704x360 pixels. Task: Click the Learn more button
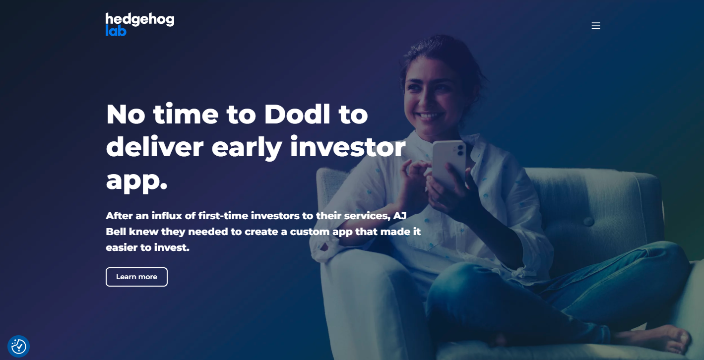click(x=136, y=277)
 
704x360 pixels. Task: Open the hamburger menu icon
click(x=595, y=26)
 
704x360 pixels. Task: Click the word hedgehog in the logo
click(x=140, y=19)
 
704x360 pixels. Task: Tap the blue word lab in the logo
click(x=116, y=31)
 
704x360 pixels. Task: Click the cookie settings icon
click(x=18, y=346)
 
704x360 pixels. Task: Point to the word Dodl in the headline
click(x=297, y=114)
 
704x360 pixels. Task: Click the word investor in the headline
click(x=348, y=147)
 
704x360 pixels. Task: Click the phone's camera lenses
click(x=460, y=150)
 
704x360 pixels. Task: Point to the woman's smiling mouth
click(x=430, y=116)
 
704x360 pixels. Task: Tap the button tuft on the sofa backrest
click(x=588, y=222)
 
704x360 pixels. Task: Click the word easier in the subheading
click(x=122, y=247)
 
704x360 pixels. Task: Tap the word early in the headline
click(x=247, y=148)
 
